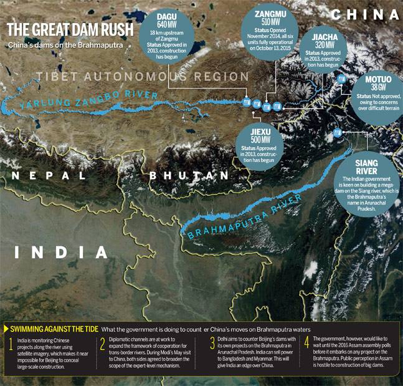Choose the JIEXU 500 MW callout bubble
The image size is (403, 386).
point(262,140)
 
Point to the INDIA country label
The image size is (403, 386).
point(62,251)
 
